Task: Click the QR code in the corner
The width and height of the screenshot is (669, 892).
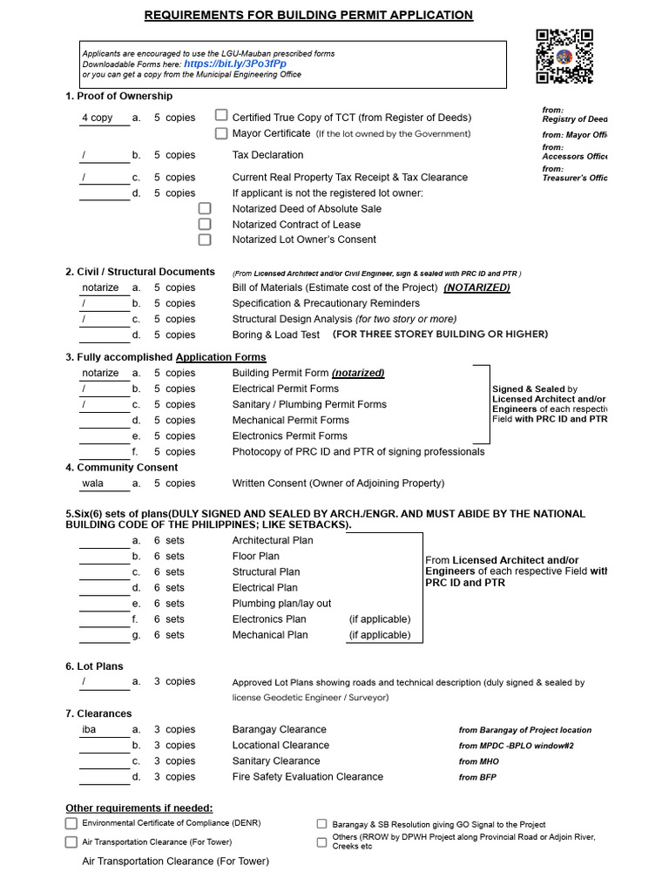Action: [564, 57]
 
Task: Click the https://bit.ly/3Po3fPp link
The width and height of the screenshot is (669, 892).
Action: [234, 64]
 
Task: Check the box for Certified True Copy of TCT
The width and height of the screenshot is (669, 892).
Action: [221, 116]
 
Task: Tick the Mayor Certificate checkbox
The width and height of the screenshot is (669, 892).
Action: [221, 133]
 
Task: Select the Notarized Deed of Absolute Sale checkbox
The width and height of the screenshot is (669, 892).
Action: [205, 209]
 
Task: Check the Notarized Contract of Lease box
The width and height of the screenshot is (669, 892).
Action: [205, 225]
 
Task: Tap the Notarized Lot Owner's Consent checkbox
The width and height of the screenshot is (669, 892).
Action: [205, 240]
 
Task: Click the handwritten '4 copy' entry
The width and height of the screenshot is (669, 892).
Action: [98, 118]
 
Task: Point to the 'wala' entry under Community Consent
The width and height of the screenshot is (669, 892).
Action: [92, 483]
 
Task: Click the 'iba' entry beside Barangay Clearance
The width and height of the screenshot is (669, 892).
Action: [89, 730]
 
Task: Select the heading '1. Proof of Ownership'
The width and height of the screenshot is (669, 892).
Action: [118, 97]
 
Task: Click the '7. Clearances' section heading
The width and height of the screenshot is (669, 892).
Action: [98, 713]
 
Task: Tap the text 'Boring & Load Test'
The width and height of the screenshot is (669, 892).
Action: [275, 335]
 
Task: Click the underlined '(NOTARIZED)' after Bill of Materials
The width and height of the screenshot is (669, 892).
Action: [476, 287]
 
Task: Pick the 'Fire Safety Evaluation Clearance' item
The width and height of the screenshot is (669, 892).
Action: [307, 777]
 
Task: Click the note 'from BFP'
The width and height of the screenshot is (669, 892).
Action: [478, 777]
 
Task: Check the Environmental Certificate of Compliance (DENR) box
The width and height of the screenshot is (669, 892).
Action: [71, 823]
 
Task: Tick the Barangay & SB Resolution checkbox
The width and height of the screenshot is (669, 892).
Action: [321, 824]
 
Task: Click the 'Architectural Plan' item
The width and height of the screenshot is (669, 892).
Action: [273, 541]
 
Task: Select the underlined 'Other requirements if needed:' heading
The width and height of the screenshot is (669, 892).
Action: [139, 808]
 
